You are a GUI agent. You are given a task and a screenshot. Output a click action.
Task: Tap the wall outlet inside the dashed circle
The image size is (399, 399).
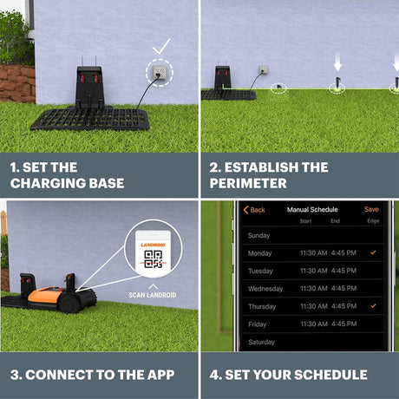click(x=160, y=72)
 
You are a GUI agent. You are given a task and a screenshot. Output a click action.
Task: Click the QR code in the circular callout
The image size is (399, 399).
click(x=153, y=259)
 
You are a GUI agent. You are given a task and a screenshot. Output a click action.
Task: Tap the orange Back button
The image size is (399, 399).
click(x=254, y=210)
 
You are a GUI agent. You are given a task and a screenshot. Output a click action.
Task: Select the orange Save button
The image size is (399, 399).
click(x=371, y=209)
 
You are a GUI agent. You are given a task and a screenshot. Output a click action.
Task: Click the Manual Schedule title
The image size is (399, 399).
click(x=312, y=210)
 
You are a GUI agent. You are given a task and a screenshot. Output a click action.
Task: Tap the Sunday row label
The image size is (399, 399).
click(x=258, y=235)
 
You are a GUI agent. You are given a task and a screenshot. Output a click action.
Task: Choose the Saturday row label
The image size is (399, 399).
click(x=261, y=342)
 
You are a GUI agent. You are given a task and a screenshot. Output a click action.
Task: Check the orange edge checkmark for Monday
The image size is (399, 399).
click(x=373, y=252)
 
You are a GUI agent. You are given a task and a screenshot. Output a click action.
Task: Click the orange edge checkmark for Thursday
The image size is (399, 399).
click(x=374, y=305)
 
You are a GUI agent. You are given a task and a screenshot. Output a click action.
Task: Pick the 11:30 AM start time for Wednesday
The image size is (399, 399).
click(x=314, y=288)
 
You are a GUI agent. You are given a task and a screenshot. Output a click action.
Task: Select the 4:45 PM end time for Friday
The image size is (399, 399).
click(x=343, y=324)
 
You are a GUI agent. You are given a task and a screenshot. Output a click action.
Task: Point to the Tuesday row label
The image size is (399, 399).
click(x=260, y=271)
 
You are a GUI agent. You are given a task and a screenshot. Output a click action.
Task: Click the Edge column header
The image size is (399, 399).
click(x=373, y=221)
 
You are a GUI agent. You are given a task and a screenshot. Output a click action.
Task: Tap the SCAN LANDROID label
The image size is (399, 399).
click(x=153, y=295)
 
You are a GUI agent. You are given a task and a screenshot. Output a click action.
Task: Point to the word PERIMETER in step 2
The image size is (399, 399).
click(x=248, y=183)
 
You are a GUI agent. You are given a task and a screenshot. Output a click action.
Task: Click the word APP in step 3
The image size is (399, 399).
click(x=160, y=375)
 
